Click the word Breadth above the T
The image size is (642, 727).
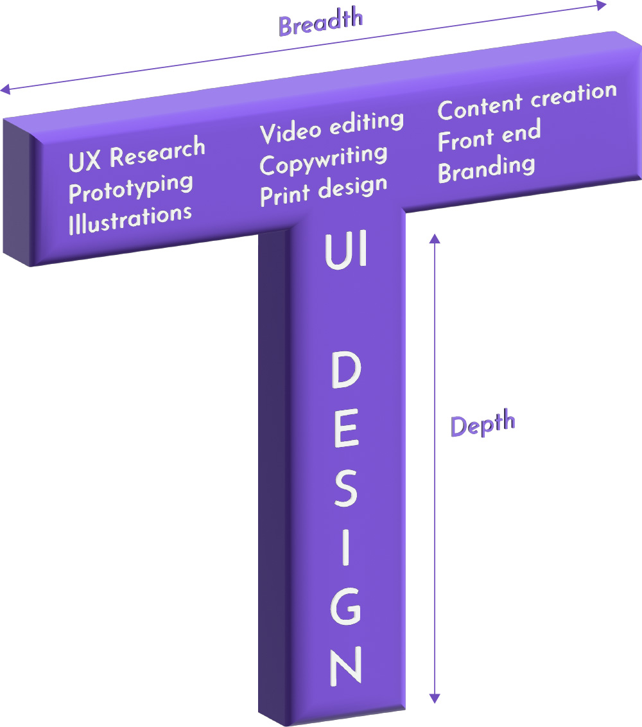[x=321, y=23]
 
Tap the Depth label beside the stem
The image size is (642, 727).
[x=483, y=425]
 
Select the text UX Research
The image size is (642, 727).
[x=137, y=155]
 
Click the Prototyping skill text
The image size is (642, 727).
[x=131, y=188]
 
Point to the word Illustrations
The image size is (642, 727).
[x=130, y=217]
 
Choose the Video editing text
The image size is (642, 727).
[x=332, y=126]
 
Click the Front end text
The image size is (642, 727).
[x=489, y=136]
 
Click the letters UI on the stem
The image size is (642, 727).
[x=346, y=251]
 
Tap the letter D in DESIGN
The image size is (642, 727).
[x=347, y=372]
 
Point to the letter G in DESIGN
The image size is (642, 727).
[x=345, y=606]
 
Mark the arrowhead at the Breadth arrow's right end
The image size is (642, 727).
[x=602, y=6]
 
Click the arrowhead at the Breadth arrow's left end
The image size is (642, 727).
[x=5, y=89]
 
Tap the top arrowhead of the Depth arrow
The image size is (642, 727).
[x=435, y=239]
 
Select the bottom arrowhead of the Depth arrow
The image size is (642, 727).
[x=435, y=697]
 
